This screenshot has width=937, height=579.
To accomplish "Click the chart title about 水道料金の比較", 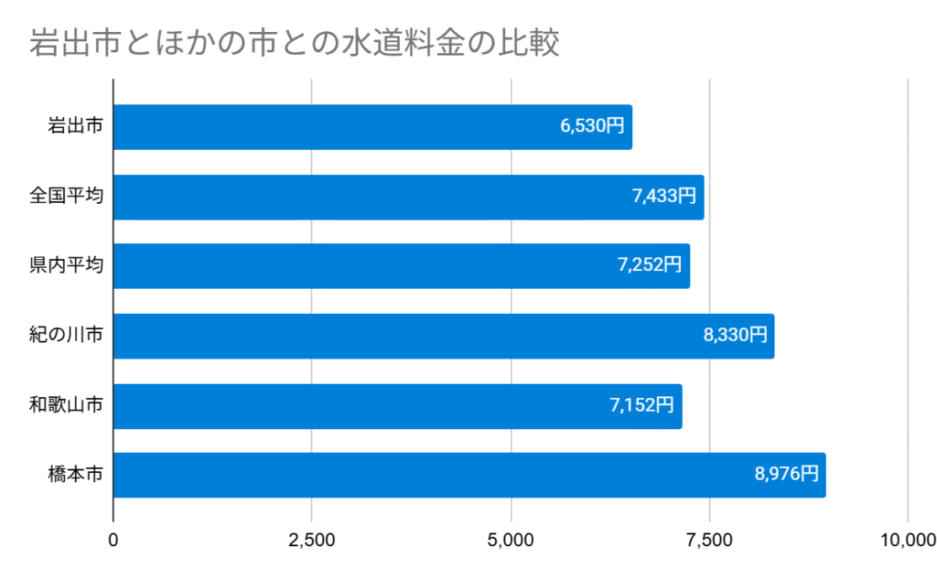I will pos(293,43).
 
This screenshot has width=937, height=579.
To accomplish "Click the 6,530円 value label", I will pos(592,126).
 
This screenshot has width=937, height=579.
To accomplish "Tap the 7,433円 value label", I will pos(663,196).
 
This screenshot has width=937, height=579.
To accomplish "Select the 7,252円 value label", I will pos(650,265).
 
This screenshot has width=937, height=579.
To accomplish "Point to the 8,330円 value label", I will pos(735,335).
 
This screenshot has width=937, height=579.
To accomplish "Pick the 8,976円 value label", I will pos(786,474).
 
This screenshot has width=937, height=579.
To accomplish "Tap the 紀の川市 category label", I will pos(66,336).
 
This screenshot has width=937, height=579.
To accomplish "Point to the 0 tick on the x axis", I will pos(113,540).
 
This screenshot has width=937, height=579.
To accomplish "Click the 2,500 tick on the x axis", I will pos(312,540).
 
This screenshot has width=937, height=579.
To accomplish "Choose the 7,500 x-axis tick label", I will pos(709,540).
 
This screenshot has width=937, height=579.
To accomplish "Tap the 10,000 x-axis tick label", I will pos(906,540).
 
